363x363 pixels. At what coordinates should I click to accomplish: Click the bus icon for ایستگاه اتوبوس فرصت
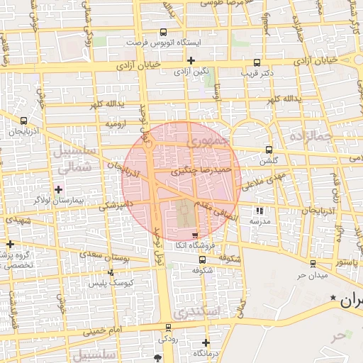[164, 32]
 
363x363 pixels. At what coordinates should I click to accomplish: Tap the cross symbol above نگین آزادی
[190, 60]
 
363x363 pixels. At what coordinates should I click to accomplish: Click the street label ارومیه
[115, 124]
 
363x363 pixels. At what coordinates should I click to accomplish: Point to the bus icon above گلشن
[268, 150]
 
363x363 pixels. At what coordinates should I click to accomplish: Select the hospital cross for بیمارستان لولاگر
[58, 189]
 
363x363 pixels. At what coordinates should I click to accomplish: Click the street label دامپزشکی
[118, 205]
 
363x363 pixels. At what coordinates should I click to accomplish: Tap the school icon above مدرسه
[259, 210]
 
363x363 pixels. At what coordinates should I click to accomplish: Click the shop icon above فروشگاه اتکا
[195, 235]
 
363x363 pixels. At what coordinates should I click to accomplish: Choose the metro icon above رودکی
[167, 328]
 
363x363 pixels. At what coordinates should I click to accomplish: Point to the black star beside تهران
[333, 301]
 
